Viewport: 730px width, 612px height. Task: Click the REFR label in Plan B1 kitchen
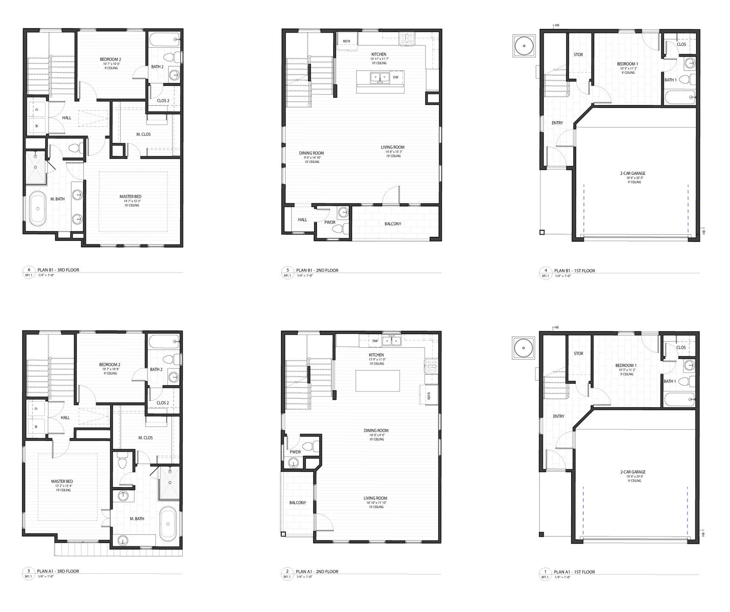click(x=346, y=41)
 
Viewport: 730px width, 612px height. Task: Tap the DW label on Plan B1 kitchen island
click(x=395, y=77)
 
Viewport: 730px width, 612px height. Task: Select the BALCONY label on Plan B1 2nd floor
click(x=393, y=224)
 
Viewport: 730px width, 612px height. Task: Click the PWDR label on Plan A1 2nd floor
click(x=295, y=452)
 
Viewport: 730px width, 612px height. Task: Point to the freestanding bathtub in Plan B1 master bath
click(x=39, y=209)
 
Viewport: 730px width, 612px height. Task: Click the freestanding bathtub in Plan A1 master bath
click(x=167, y=518)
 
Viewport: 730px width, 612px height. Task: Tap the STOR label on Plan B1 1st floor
click(x=578, y=55)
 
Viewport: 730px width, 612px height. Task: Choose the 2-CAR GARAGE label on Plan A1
click(x=633, y=472)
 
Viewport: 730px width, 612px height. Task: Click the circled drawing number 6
click(x=29, y=269)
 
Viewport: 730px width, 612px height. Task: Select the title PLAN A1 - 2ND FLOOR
click(x=317, y=572)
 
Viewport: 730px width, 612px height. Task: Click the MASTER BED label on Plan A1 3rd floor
click(x=62, y=482)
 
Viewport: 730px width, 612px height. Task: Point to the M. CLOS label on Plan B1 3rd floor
click(x=144, y=134)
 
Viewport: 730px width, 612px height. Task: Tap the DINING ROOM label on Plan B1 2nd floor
click(x=311, y=153)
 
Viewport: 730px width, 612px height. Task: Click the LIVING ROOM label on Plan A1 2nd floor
click(x=375, y=498)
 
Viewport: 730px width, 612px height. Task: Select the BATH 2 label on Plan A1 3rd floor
click(x=156, y=369)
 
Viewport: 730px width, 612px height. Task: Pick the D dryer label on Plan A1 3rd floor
click(x=37, y=408)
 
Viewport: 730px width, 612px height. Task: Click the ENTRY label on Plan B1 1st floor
click(x=557, y=123)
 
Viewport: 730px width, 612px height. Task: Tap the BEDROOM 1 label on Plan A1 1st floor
click(x=626, y=365)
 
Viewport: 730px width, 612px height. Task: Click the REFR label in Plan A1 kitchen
click(x=429, y=396)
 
